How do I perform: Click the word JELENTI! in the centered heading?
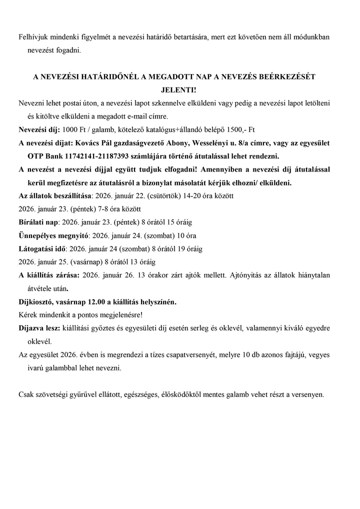(180, 90)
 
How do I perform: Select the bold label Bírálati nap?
(38, 221)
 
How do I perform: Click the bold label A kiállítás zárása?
(48, 275)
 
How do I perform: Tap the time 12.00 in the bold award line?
(97, 302)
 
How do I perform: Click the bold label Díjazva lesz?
(39, 328)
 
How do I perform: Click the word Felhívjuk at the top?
(32, 37)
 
